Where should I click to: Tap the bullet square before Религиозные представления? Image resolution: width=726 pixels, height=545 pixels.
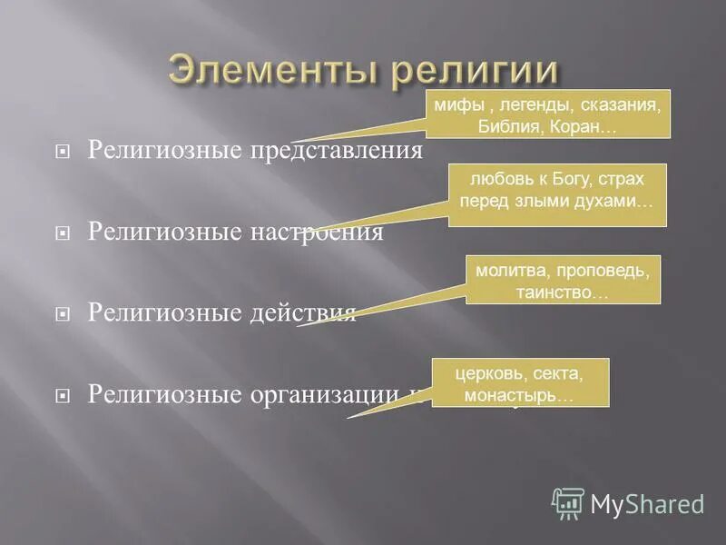63,150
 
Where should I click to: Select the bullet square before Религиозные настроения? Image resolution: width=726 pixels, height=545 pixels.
63,233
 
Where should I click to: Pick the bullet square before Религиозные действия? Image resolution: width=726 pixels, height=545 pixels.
63,315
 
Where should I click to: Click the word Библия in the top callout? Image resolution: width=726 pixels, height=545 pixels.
512,126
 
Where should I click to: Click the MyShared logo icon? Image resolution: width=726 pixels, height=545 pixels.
568,502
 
